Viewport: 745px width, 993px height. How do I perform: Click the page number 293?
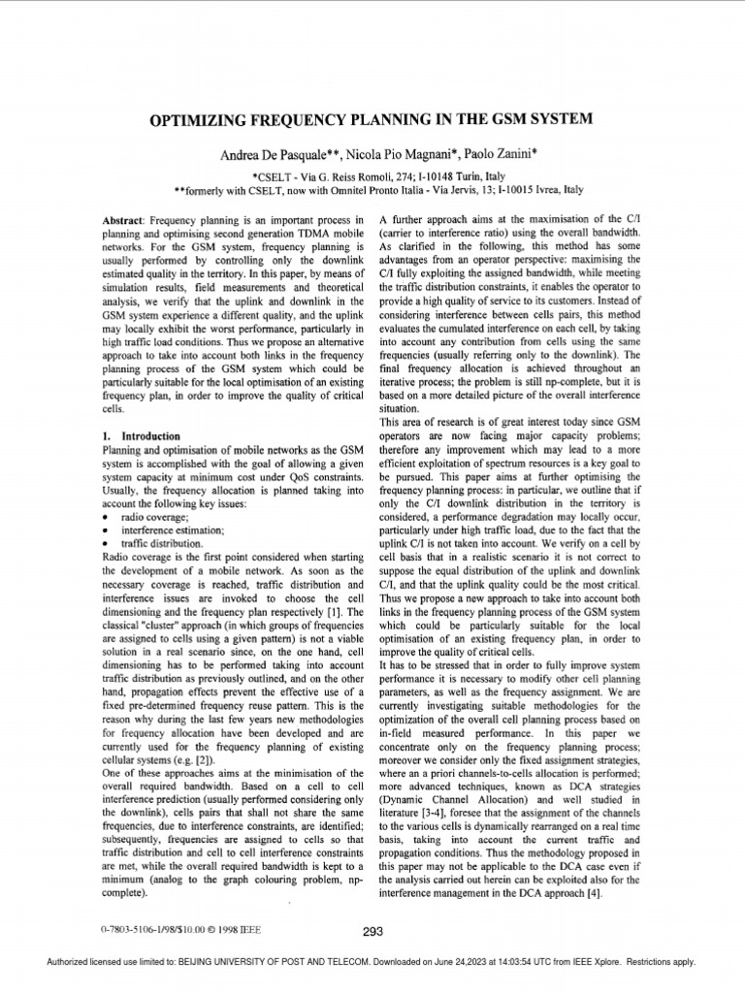(x=372, y=931)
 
